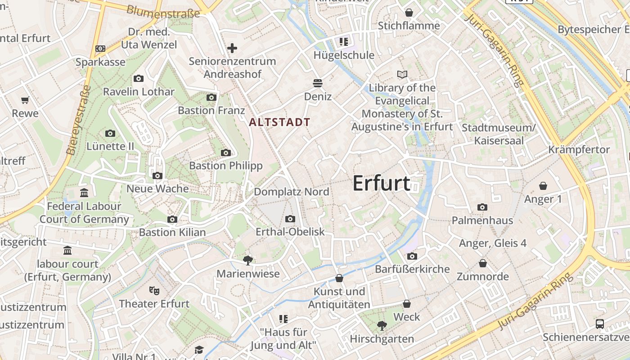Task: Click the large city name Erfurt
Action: (381, 183)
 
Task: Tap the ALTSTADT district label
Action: (279, 122)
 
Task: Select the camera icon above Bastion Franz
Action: (211, 97)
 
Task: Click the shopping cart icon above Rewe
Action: (25, 100)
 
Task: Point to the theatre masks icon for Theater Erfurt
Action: (154, 291)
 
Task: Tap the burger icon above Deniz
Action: (318, 83)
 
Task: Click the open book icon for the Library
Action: (402, 74)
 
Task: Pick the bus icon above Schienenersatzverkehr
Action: (599, 324)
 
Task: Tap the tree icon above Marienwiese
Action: (247, 260)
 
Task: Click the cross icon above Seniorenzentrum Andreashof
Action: (232, 48)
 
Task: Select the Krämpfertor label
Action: (579, 149)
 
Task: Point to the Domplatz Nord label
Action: (291, 192)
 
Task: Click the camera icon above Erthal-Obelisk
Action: (290, 219)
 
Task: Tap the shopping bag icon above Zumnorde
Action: (483, 263)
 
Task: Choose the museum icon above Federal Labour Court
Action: (84, 193)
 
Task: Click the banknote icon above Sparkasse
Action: (100, 49)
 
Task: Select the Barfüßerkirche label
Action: (412, 269)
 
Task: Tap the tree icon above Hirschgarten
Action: (382, 325)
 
